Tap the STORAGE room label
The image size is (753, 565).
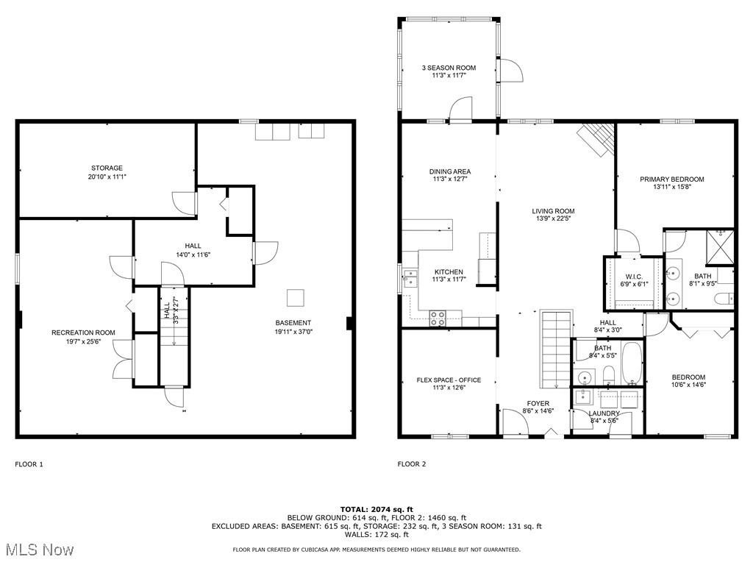[x=107, y=168]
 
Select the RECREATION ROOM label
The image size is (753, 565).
[x=83, y=333]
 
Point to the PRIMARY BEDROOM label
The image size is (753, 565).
[x=671, y=179]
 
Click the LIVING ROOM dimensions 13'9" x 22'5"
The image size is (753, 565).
[x=553, y=219]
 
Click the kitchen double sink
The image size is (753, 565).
[x=410, y=278]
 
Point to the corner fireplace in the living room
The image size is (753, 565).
[x=596, y=138]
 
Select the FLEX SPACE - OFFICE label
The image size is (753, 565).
[x=449, y=380]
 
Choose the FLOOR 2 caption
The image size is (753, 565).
[x=412, y=464]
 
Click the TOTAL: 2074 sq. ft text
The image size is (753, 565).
[x=376, y=509]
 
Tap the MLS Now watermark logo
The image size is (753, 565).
[x=38, y=550]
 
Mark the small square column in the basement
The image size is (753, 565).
[x=296, y=297]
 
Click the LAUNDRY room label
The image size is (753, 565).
[x=604, y=413]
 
